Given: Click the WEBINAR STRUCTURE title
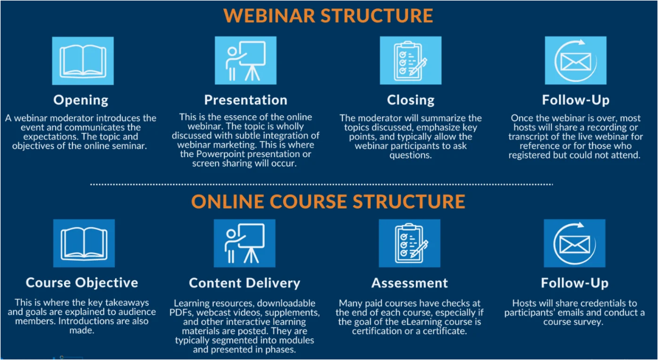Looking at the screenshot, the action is coord(329,15).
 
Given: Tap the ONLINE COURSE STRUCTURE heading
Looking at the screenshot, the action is coord(328,201).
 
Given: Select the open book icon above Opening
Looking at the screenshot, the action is coord(82,61).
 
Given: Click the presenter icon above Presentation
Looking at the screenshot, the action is coord(246,61).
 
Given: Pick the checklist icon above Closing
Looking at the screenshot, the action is coord(411,61).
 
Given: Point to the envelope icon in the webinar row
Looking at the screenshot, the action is coord(576,61).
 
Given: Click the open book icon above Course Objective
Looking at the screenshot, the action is coord(84,243).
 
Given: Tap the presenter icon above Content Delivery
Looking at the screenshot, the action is coord(245,243).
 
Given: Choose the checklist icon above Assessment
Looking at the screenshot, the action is coord(409,243).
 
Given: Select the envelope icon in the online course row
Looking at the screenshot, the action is coord(574,243).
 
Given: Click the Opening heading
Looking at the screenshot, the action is coord(81,100).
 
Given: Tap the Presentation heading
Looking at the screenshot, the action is coord(246,100).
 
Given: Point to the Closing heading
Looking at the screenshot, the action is coord(411,100).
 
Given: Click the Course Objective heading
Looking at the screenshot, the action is coord(82,283).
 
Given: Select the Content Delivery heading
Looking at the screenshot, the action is coord(245,283).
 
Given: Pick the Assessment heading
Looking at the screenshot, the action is coord(409,283).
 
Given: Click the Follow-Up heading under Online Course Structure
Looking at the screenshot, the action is coord(574,283).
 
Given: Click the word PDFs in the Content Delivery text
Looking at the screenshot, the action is coord(182,312).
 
